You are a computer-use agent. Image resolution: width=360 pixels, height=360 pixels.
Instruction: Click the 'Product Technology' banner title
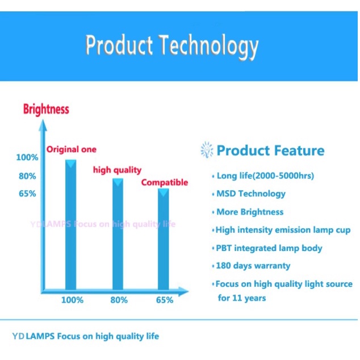[x=172, y=46]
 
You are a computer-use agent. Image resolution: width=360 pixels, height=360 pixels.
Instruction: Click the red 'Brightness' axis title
[x=46, y=109]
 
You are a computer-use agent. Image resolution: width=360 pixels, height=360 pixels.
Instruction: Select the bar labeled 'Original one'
[x=71, y=225]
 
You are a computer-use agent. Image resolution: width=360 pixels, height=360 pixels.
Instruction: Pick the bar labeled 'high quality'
[x=118, y=234]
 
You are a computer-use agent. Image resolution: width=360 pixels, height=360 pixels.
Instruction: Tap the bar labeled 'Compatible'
[x=163, y=239]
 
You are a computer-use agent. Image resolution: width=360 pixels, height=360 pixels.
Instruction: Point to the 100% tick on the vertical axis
[x=27, y=157]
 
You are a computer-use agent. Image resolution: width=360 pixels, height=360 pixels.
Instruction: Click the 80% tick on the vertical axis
[x=27, y=176]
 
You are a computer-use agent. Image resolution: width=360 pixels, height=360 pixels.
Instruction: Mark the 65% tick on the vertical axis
[x=27, y=194]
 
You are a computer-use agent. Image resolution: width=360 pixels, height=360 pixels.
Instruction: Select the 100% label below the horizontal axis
[x=72, y=300]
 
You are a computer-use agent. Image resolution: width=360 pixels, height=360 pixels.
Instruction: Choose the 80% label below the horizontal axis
[x=119, y=300]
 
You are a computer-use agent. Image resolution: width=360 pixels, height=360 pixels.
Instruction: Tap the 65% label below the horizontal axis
[x=165, y=300]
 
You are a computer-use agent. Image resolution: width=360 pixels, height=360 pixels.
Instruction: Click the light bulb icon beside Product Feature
[x=207, y=150]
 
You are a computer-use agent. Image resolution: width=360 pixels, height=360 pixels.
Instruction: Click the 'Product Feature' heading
[x=270, y=150]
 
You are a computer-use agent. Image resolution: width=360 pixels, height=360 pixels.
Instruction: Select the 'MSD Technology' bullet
[x=251, y=194]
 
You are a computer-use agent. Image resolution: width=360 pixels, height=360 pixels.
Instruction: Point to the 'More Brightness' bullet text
[x=250, y=212]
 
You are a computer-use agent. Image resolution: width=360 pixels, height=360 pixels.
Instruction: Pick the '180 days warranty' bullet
[x=253, y=266]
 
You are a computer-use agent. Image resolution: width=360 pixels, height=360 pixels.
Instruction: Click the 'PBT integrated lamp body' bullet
[x=269, y=248]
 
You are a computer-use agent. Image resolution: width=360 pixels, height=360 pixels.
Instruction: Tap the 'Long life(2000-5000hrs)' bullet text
[x=265, y=176]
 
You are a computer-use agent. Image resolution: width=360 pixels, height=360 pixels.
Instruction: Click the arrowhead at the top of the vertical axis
[x=43, y=125]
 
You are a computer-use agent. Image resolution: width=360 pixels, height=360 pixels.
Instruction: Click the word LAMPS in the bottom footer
[x=40, y=336]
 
